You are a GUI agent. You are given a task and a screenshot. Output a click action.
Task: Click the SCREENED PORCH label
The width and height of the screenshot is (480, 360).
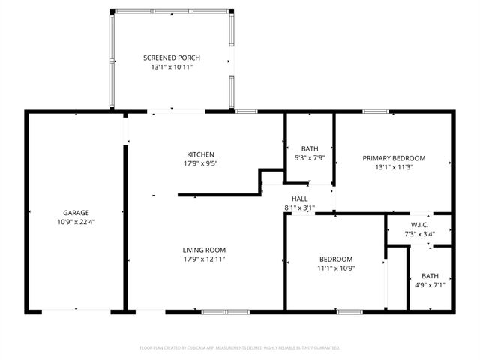[x=172, y=58]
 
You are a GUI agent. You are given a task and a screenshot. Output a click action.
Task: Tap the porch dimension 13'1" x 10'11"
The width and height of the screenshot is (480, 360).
[x=172, y=67]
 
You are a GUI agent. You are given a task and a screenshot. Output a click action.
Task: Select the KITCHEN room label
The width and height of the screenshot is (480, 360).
[x=200, y=154]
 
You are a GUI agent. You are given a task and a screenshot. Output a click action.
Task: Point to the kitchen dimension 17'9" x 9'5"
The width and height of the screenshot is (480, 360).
[x=200, y=163]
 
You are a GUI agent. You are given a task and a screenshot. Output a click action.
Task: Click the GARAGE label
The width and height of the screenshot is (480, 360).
[x=76, y=213]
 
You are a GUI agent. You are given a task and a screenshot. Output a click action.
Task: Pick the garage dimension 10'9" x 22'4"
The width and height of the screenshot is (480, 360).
[x=76, y=222]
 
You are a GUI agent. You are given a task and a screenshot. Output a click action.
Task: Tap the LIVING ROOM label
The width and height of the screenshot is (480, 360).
[x=204, y=250]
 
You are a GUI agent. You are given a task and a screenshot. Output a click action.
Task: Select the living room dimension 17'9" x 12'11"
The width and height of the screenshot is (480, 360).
[x=204, y=259]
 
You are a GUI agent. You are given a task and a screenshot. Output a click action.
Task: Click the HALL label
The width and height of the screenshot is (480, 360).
[x=299, y=199]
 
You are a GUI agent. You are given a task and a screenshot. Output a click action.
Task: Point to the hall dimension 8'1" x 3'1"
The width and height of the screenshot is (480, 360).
[x=299, y=208]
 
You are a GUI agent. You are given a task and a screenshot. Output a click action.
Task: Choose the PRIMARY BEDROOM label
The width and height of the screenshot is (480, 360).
[x=394, y=158]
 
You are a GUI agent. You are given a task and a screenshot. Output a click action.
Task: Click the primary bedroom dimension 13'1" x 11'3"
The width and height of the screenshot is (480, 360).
[x=394, y=167]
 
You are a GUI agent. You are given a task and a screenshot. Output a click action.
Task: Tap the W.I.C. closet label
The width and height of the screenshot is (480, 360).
[x=419, y=225]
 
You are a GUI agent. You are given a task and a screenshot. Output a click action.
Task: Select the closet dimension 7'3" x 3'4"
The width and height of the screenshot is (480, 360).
[x=419, y=233]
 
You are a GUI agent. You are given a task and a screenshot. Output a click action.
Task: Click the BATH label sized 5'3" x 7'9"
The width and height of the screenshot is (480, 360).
[x=310, y=148]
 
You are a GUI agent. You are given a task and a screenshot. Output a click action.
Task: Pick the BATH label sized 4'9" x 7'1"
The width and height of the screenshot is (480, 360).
[x=430, y=275]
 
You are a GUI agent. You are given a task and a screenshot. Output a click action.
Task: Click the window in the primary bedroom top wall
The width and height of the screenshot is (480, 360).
[x=376, y=112]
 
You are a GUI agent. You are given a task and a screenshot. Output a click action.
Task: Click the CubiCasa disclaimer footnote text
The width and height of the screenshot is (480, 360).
[x=240, y=347]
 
